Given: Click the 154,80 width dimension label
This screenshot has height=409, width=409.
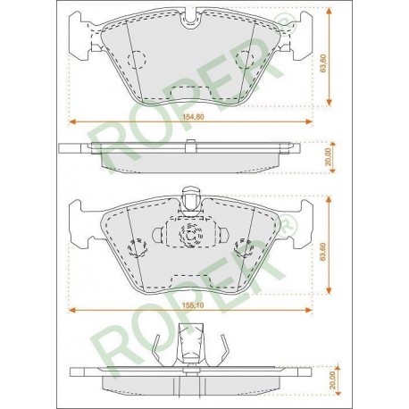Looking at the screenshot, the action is (x=193, y=117).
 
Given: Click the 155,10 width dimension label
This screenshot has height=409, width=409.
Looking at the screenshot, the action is (x=193, y=305).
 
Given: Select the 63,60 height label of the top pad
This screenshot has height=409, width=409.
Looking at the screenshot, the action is (x=323, y=63).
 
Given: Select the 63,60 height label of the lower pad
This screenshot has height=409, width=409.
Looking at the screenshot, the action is (x=323, y=252).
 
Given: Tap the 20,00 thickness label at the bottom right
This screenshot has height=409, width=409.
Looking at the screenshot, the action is (x=332, y=380).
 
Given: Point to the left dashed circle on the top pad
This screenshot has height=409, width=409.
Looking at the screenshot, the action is (x=137, y=60).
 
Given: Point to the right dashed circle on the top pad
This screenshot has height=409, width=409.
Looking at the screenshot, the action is (x=245, y=60).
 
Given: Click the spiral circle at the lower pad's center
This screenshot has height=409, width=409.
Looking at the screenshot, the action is (x=190, y=235).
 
